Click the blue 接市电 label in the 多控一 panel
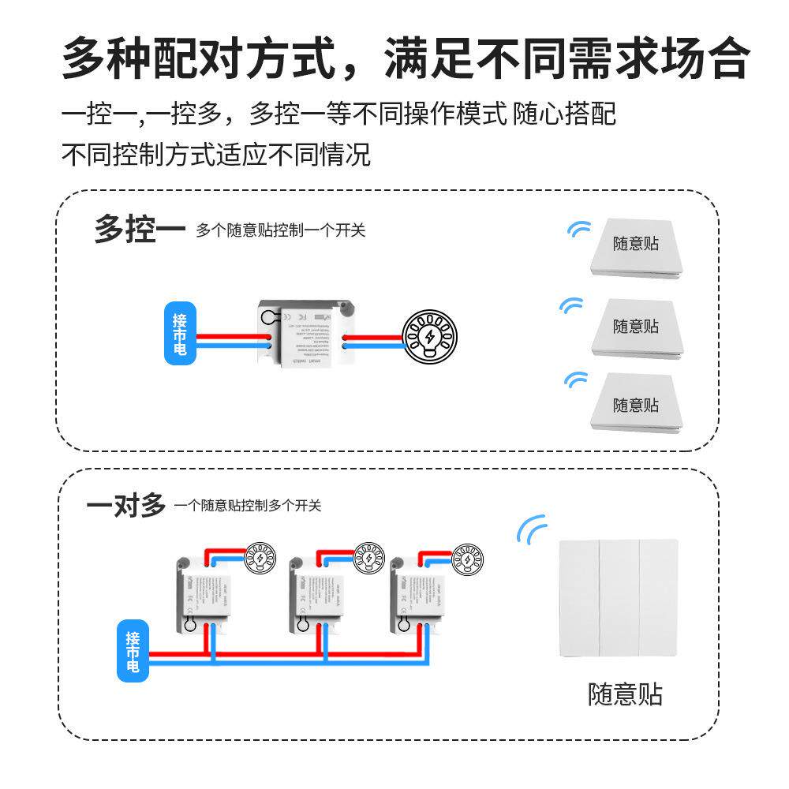(180, 333)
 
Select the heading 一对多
(126, 504)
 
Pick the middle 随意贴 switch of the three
(636, 328)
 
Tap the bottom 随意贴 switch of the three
(636, 405)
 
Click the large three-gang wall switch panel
(618, 597)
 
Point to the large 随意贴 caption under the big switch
(625, 695)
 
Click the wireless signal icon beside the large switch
(531, 529)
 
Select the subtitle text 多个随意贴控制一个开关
(281, 231)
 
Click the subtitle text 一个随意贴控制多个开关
(248, 506)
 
